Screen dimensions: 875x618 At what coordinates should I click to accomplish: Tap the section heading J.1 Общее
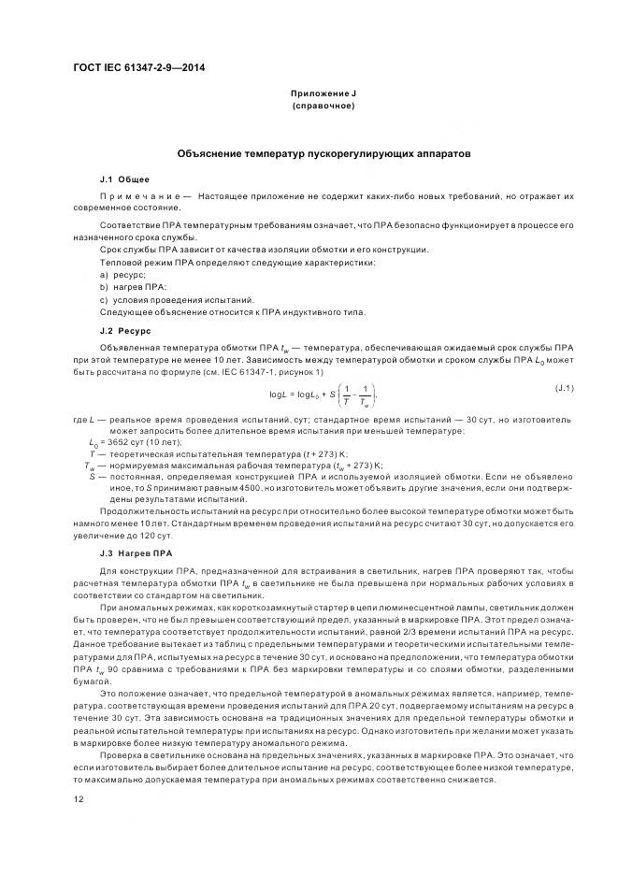point(123,178)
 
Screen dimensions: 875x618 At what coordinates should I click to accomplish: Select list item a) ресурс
point(122,275)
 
